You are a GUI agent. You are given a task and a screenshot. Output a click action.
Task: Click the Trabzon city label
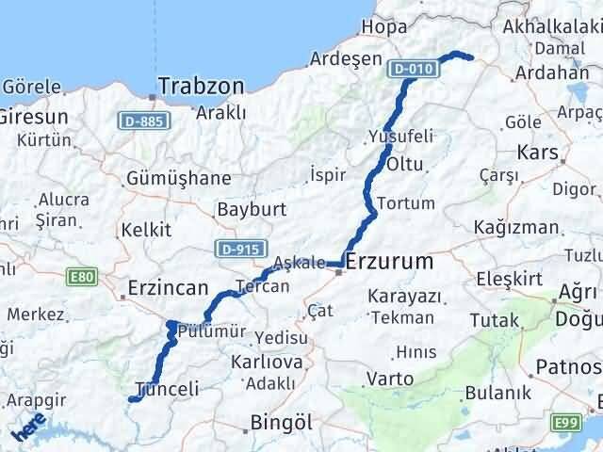[x=201, y=86]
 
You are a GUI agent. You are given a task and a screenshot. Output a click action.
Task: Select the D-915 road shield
[x=237, y=249]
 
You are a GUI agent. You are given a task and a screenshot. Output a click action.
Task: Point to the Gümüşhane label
[x=180, y=178]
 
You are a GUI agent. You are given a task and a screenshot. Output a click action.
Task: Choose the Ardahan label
[x=558, y=73]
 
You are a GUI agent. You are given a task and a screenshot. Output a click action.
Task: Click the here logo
[x=30, y=430]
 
